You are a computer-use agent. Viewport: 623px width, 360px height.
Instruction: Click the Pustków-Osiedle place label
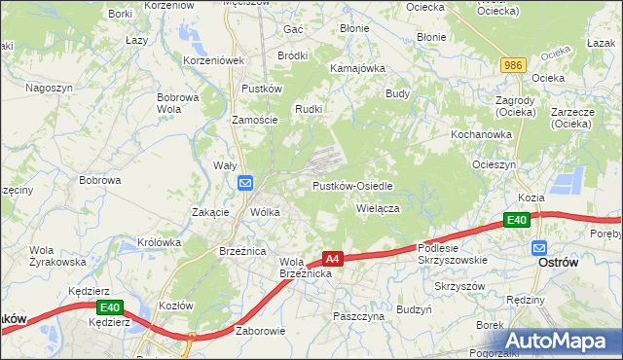click(351, 186)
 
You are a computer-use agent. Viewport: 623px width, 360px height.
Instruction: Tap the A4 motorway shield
click(333, 259)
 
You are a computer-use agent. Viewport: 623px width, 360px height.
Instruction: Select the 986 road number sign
click(515, 64)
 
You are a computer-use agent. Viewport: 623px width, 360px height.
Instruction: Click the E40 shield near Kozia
click(518, 222)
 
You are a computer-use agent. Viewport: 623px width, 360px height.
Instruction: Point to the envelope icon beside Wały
click(245, 183)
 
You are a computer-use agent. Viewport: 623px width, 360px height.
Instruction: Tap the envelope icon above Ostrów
click(538, 247)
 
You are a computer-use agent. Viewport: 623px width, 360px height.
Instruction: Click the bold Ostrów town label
click(560, 264)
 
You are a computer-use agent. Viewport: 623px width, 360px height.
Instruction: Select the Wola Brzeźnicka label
click(307, 269)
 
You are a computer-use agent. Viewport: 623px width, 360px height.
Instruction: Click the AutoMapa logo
click(557, 341)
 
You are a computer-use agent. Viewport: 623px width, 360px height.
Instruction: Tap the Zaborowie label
click(260, 331)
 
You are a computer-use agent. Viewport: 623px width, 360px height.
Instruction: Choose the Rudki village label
click(309, 109)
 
